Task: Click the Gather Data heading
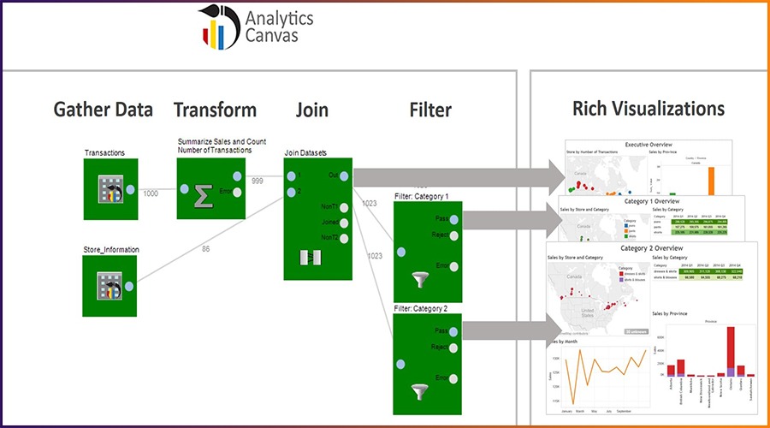point(104,110)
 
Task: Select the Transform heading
point(215,110)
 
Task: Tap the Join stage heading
point(311,110)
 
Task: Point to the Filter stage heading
point(430,110)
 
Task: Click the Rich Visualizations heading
point(649,109)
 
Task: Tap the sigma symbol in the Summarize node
point(204,196)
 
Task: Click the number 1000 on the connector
point(151,194)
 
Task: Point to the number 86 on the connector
point(205,248)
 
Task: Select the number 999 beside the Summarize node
point(257,181)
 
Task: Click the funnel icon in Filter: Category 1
point(419,278)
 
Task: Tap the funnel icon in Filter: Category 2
point(419,391)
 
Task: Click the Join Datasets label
point(306,153)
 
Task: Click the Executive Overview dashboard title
point(649,145)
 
